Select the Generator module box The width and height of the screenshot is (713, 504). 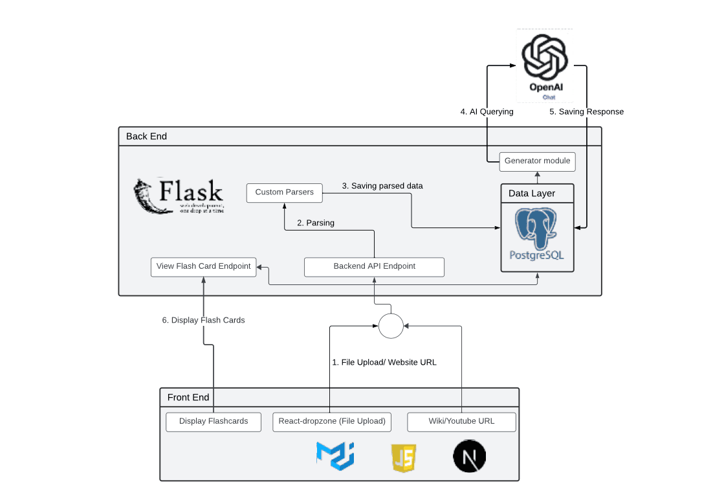point(537,161)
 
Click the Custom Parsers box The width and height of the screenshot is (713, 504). point(285,192)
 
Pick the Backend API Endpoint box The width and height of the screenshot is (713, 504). point(374,266)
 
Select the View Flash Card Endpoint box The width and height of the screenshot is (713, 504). point(203,266)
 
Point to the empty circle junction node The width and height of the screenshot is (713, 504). point(391,325)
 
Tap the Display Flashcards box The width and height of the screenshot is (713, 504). point(214,421)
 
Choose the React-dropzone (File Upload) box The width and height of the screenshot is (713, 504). point(332,421)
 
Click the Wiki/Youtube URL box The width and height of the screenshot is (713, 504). point(461,421)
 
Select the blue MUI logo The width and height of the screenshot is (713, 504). point(335,455)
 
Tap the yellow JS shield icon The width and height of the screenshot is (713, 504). point(402,458)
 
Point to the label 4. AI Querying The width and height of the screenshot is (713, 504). point(487,112)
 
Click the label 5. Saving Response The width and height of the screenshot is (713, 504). point(586,112)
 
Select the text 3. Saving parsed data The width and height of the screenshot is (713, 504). point(382,186)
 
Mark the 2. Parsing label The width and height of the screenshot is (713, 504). point(316,223)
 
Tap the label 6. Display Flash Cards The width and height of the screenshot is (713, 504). point(203,320)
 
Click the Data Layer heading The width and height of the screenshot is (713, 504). point(532,194)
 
